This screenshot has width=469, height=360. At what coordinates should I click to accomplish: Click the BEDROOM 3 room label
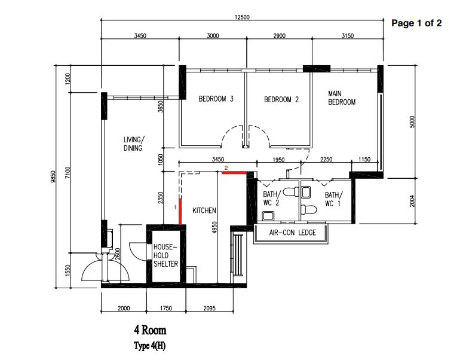tap(216, 99)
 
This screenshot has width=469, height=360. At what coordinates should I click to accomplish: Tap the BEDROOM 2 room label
tap(281, 99)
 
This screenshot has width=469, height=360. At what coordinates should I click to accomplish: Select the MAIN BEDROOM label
tap(342, 98)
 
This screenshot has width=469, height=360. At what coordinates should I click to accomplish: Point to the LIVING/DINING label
tap(133, 144)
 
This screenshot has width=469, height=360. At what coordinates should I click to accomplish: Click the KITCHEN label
tap(204, 210)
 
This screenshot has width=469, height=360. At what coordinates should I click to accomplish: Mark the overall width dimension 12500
tap(242, 17)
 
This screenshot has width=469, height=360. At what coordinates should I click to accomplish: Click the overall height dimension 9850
tap(54, 176)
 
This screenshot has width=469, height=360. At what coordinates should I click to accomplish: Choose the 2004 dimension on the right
tap(412, 201)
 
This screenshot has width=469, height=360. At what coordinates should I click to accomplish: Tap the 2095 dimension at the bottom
tap(209, 308)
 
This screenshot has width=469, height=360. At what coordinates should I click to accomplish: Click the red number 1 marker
tap(175, 207)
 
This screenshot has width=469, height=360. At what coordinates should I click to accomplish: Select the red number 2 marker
tap(226, 168)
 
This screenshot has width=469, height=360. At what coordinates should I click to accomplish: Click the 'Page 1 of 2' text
tap(416, 23)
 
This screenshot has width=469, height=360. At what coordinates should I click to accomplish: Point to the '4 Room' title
tap(150, 330)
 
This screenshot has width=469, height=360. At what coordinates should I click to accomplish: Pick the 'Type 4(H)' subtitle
tap(149, 346)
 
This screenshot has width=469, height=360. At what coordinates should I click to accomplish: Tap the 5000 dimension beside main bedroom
tap(412, 121)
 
